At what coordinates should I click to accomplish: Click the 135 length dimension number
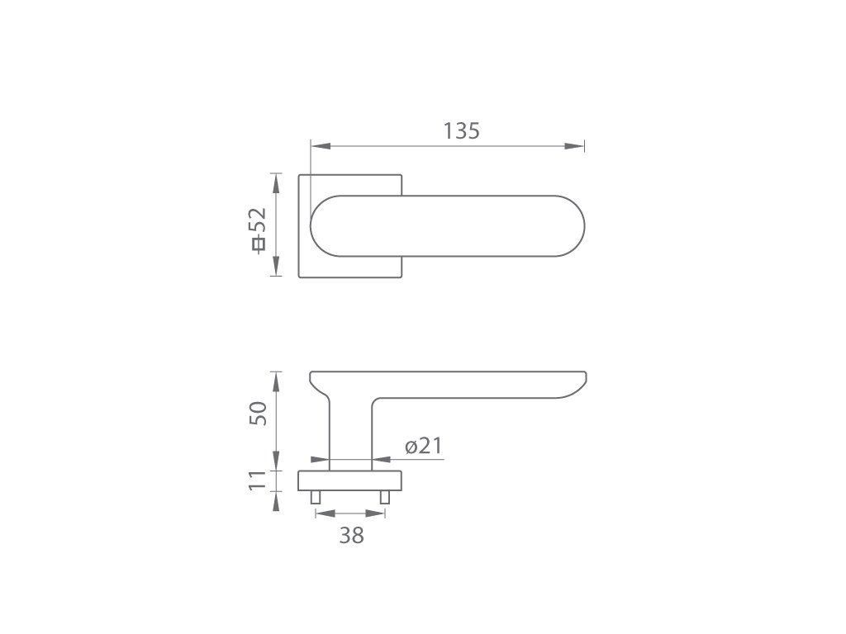[x=461, y=131]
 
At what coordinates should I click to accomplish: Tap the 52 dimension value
[x=258, y=219]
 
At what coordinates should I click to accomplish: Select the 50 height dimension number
[x=258, y=413]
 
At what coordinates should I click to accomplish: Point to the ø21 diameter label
[x=424, y=446]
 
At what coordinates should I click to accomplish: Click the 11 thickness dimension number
[x=258, y=480]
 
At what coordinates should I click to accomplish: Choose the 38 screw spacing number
[x=351, y=535]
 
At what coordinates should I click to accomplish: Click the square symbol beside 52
[x=259, y=244]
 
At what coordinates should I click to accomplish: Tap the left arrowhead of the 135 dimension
[x=321, y=146]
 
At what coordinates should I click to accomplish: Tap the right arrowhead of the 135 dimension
[x=574, y=146]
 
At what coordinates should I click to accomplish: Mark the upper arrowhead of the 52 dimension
[x=276, y=183]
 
